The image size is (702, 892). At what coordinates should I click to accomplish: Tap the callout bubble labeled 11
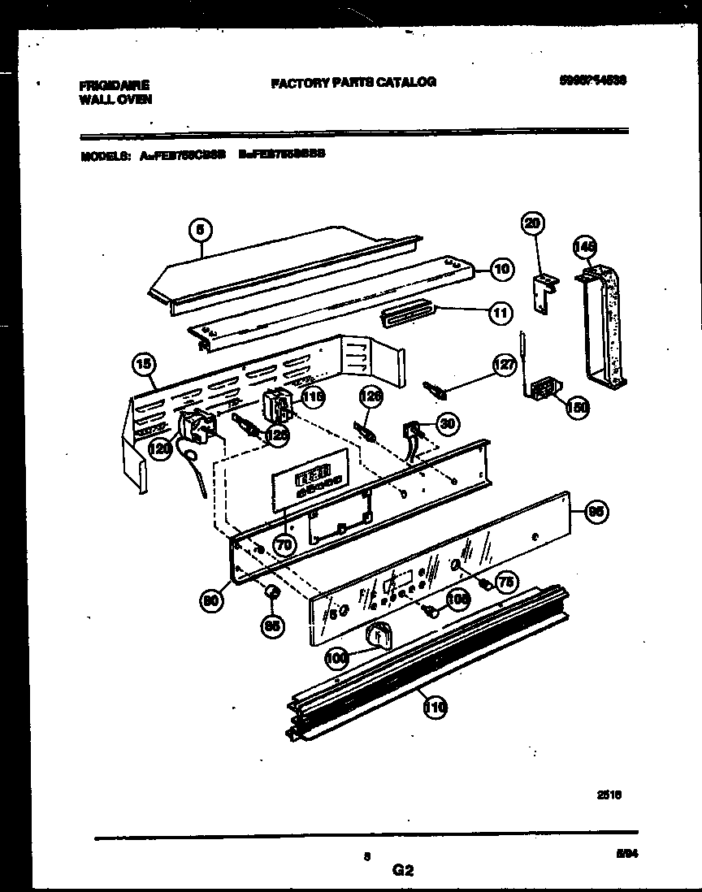click(501, 311)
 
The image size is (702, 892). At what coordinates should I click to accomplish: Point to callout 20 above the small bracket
click(534, 223)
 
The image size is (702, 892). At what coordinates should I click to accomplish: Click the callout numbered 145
click(584, 245)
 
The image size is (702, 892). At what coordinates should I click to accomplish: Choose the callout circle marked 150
click(576, 408)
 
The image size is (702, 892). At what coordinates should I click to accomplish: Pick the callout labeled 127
click(505, 366)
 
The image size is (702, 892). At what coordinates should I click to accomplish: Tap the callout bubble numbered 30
click(446, 422)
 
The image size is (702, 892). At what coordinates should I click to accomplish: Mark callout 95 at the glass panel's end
click(596, 512)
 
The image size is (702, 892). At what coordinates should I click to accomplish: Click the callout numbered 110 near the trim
click(435, 708)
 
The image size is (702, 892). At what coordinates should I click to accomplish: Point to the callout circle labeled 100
click(335, 659)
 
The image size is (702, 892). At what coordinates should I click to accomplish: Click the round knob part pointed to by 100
click(378, 634)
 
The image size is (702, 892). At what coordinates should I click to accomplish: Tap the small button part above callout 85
click(273, 592)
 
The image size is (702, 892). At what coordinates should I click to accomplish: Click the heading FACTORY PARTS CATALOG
click(353, 81)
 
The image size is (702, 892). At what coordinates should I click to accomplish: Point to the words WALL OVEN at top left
click(115, 99)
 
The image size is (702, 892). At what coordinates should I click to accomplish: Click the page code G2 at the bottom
click(402, 871)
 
